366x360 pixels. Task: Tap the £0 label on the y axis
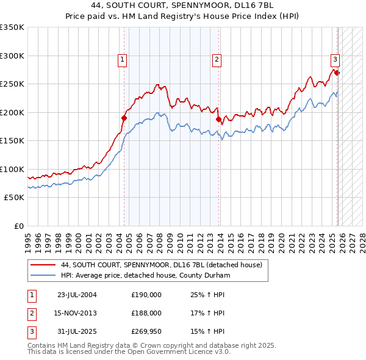point(18,226)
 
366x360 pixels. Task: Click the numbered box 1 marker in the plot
point(123,59)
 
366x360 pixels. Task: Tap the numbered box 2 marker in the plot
point(217,59)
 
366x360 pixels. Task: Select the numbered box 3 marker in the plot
point(335,59)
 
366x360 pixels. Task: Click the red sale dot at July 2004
point(124,118)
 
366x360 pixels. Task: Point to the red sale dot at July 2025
point(337,73)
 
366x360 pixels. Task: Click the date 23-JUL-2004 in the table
point(77,294)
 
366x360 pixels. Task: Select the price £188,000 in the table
point(146,312)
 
